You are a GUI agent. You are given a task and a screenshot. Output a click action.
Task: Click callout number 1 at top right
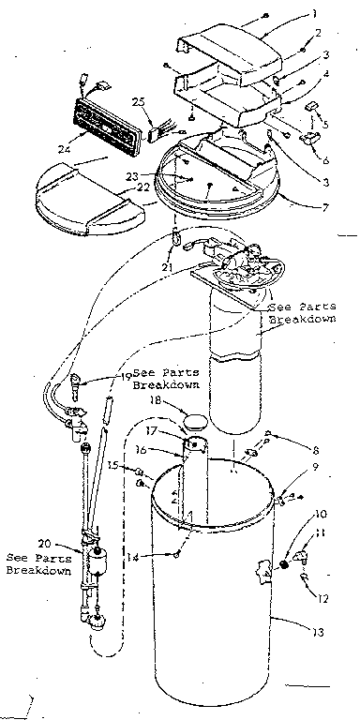(x=315, y=14)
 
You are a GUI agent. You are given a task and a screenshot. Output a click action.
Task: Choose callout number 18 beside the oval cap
(x=157, y=400)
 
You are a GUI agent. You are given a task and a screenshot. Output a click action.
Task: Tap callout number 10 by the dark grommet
(x=320, y=515)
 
